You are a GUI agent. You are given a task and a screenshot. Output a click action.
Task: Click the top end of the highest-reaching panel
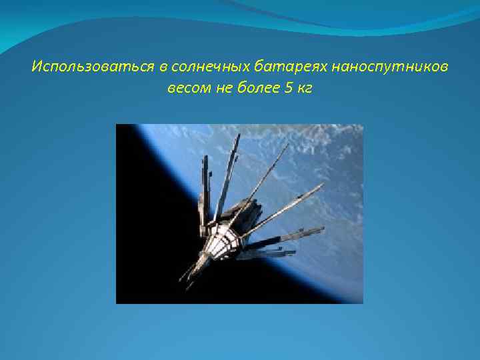click(239, 135)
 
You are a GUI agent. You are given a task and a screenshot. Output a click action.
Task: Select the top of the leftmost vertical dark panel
click(205, 159)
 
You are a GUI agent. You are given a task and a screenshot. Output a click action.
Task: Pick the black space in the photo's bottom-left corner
click(133, 287)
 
